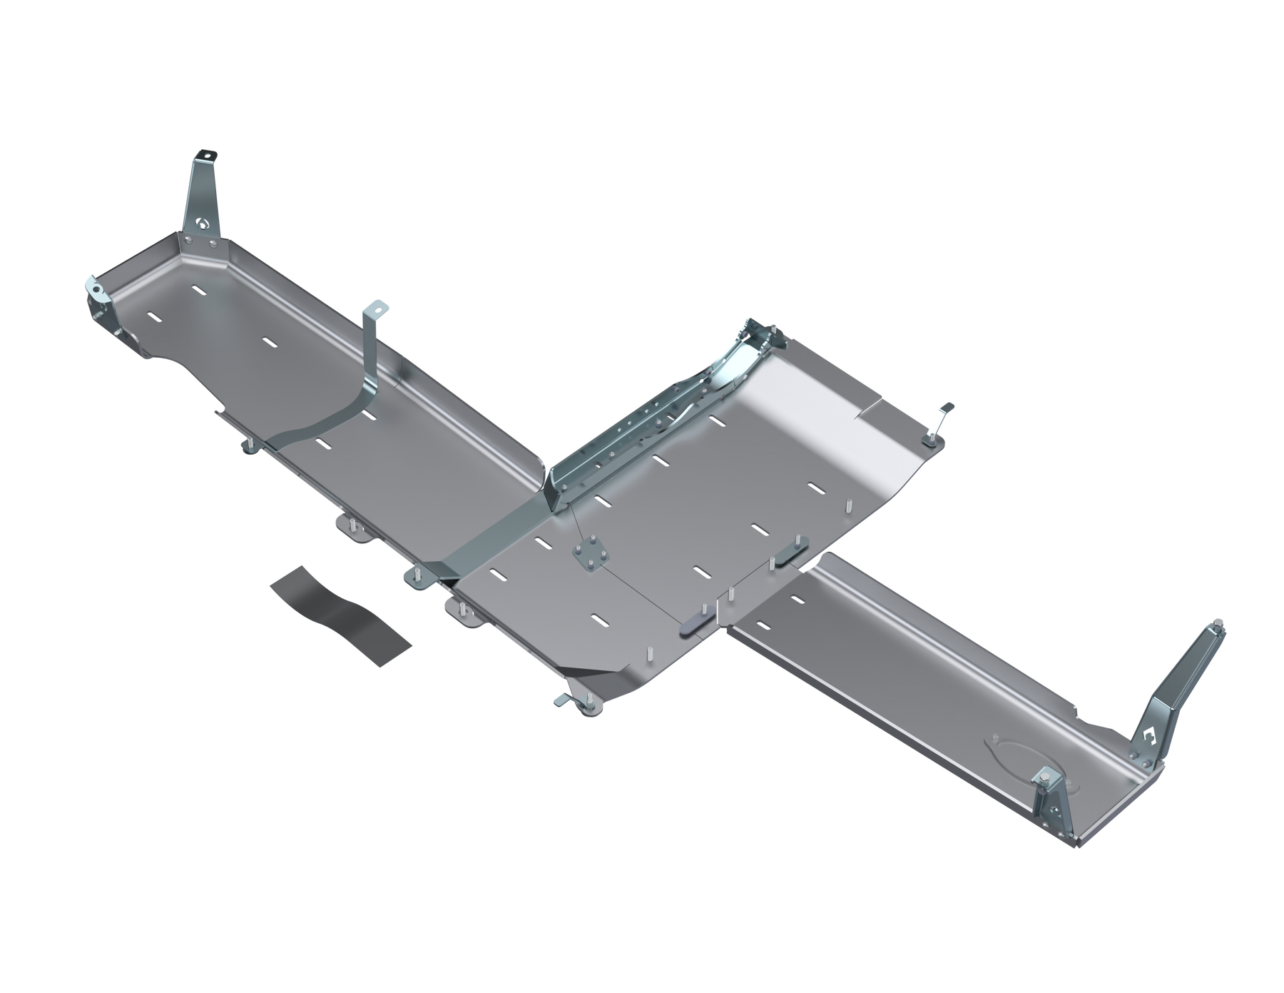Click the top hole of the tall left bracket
coord(207,155)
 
